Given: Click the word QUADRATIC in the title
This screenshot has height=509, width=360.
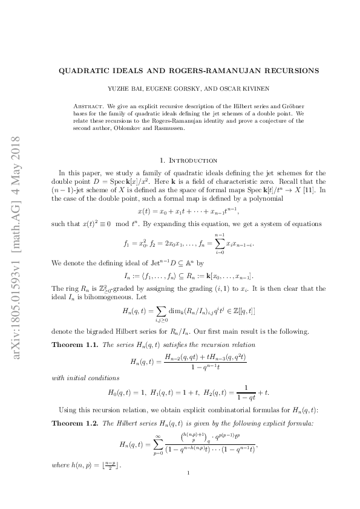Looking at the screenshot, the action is tap(83, 70).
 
